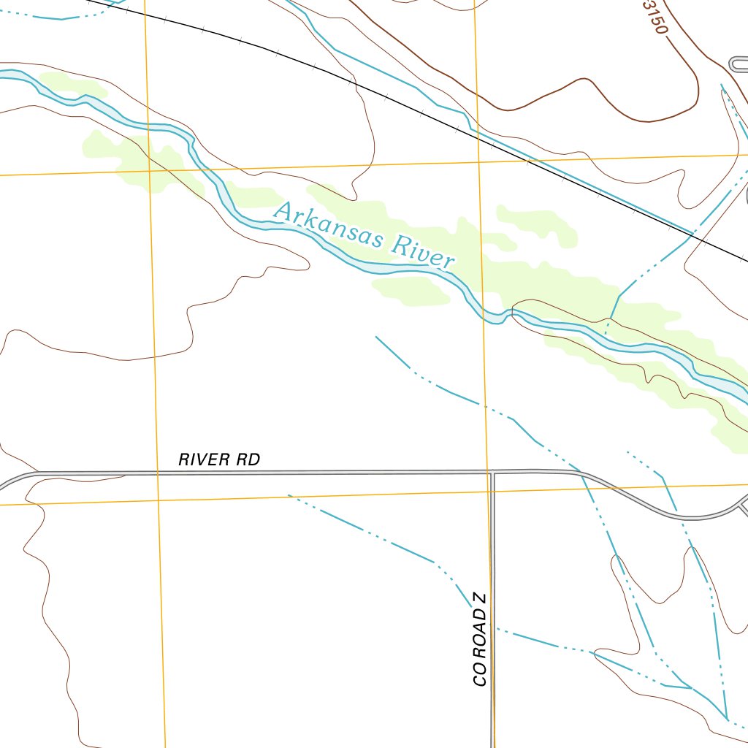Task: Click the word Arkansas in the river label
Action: click(x=327, y=225)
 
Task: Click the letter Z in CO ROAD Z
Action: click(x=479, y=599)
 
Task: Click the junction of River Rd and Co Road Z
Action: click(x=492, y=473)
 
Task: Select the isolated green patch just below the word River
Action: click(x=412, y=290)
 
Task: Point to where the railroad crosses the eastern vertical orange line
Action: click(x=477, y=132)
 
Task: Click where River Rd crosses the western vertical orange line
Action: click(x=157, y=473)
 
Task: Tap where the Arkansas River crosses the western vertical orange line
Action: click(x=149, y=127)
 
